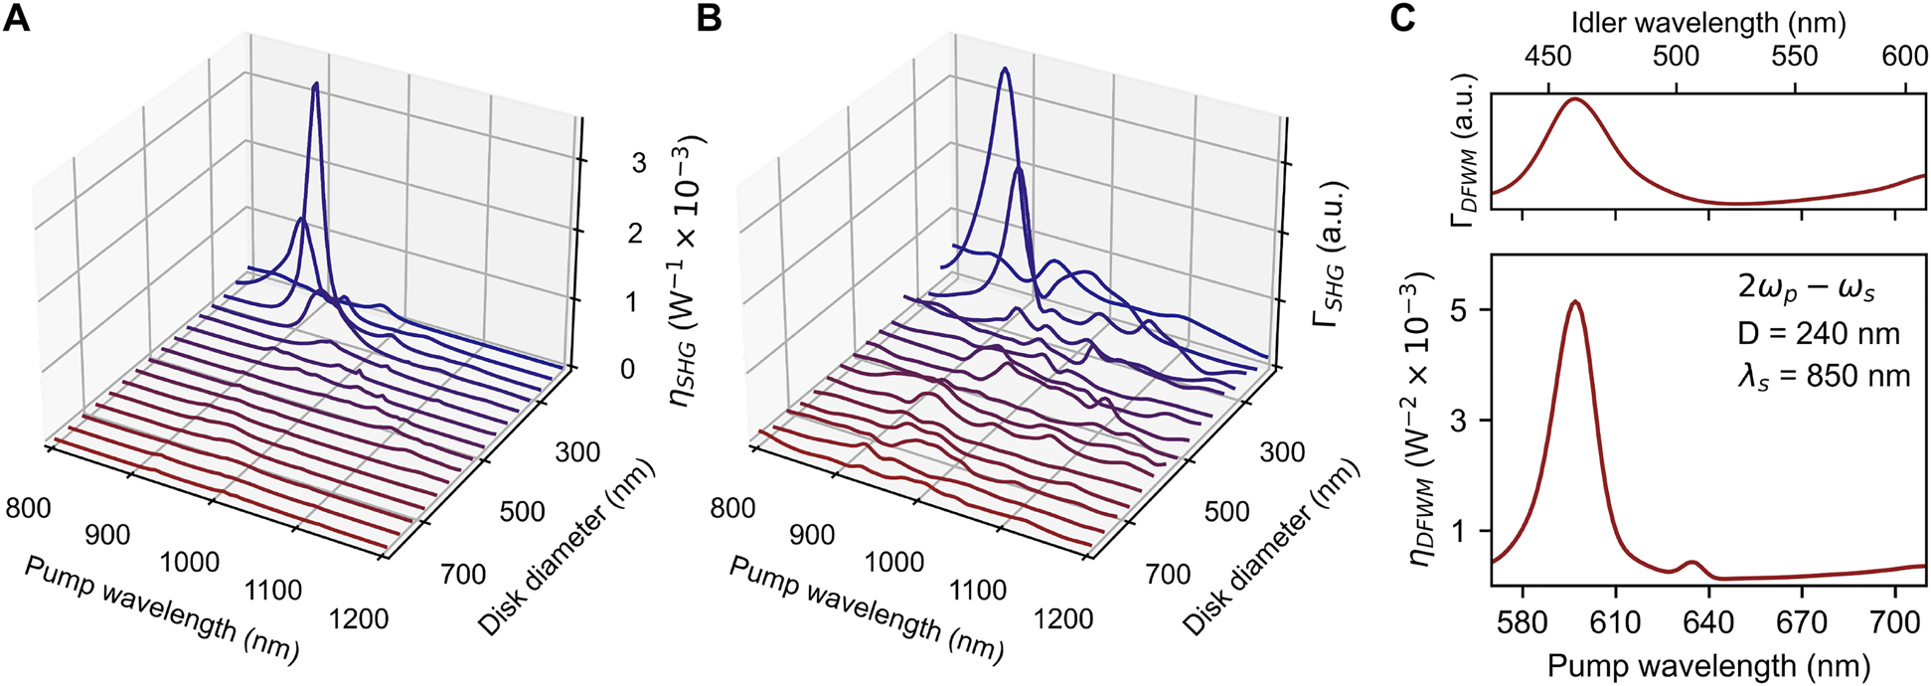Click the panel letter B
pyautogui.click(x=709, y=18)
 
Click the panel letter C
pyautogui.click(x=1401, y=18)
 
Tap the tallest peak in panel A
pyautogui.click(x=316, y=85)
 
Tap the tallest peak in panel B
pyautogui.click(x=1006, y=69)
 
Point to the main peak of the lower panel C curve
pyautogui.click(x=1574, y=301)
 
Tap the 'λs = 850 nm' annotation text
pyautogui.click(x=1824, y=376)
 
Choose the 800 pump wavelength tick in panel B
pyautogui.click(x=731, y=508)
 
